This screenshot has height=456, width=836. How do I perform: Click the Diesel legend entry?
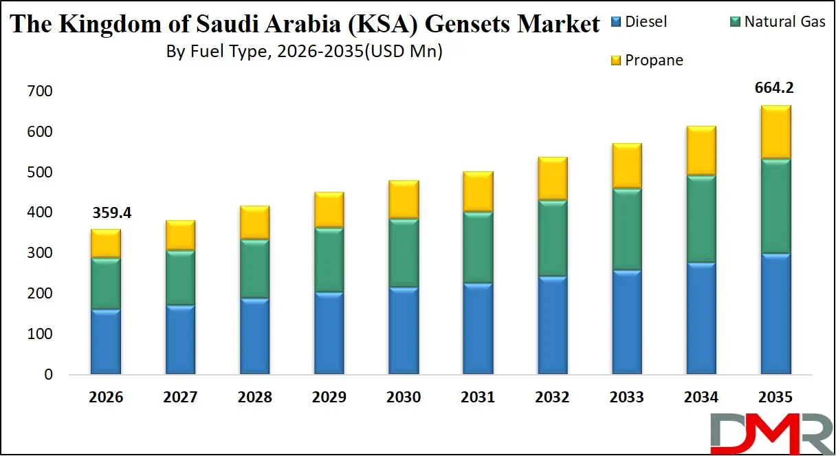(x=646, y=21)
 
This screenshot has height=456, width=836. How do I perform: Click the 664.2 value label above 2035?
(x=775, y=88)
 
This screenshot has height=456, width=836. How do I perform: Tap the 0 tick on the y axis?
(x=47, y=375)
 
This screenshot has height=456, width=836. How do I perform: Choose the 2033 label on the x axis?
(x=626, y=398)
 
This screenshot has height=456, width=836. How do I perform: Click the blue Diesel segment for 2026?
(x=106, y=342)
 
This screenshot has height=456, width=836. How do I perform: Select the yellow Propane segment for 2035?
(x=775, y=132)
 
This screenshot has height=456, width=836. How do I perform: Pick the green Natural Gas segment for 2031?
(x=478, y=247)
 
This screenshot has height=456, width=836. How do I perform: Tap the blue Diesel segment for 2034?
(x=701, y=318)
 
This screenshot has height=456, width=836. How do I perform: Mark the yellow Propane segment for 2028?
(x=254, y=222)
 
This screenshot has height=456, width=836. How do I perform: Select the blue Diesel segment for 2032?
(x=552, y=325)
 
